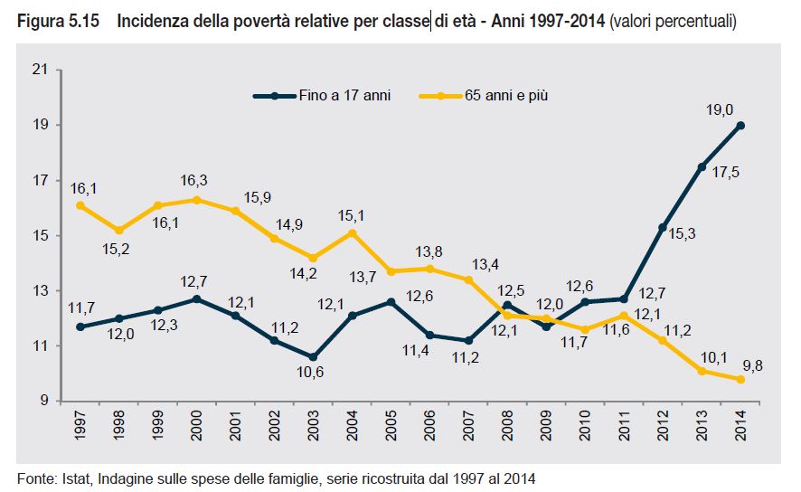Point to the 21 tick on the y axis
41,70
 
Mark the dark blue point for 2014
740,125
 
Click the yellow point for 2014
740,380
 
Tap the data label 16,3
196,180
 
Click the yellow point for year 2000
197,200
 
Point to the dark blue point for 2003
314,356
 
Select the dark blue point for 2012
663,227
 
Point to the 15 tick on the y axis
41,235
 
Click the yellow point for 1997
80,205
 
